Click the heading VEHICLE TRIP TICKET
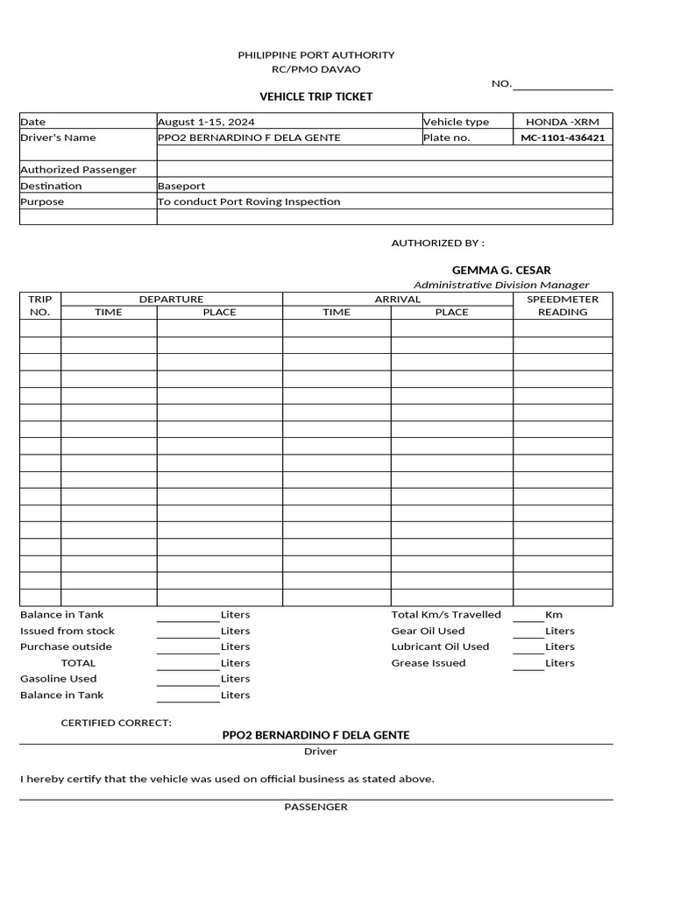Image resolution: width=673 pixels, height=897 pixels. [315, 96]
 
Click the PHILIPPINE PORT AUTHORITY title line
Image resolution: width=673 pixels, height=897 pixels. [315, 54]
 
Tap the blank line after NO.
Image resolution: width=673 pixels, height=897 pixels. [562, 85]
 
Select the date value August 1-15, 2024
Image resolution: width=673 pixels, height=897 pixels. [206, 122]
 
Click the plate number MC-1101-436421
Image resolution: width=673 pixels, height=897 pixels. [563, 138]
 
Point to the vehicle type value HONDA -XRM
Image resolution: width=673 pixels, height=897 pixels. [563, 122]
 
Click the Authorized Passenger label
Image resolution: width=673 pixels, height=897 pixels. [78, 169]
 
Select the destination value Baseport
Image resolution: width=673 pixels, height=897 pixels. [181, 186]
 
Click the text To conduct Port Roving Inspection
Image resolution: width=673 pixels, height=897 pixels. [249, 201]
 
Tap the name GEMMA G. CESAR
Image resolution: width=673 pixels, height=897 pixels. [501, 270]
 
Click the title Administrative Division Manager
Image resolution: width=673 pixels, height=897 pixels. [501, 285]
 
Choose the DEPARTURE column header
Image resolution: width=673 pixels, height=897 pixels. [171, 300]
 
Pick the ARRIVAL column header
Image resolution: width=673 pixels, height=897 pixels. [397, 300]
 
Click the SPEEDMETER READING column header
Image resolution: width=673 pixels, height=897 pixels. [563, 306]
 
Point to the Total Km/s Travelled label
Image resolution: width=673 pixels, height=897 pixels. [446, 615]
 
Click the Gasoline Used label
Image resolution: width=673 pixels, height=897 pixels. [59, 679]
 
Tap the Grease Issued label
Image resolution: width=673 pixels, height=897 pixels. [429, 663]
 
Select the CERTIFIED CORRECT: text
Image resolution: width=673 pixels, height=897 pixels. [116, 723]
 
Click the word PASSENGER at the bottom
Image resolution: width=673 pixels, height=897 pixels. [315, 807]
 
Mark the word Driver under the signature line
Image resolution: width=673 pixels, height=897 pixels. [320, 752]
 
